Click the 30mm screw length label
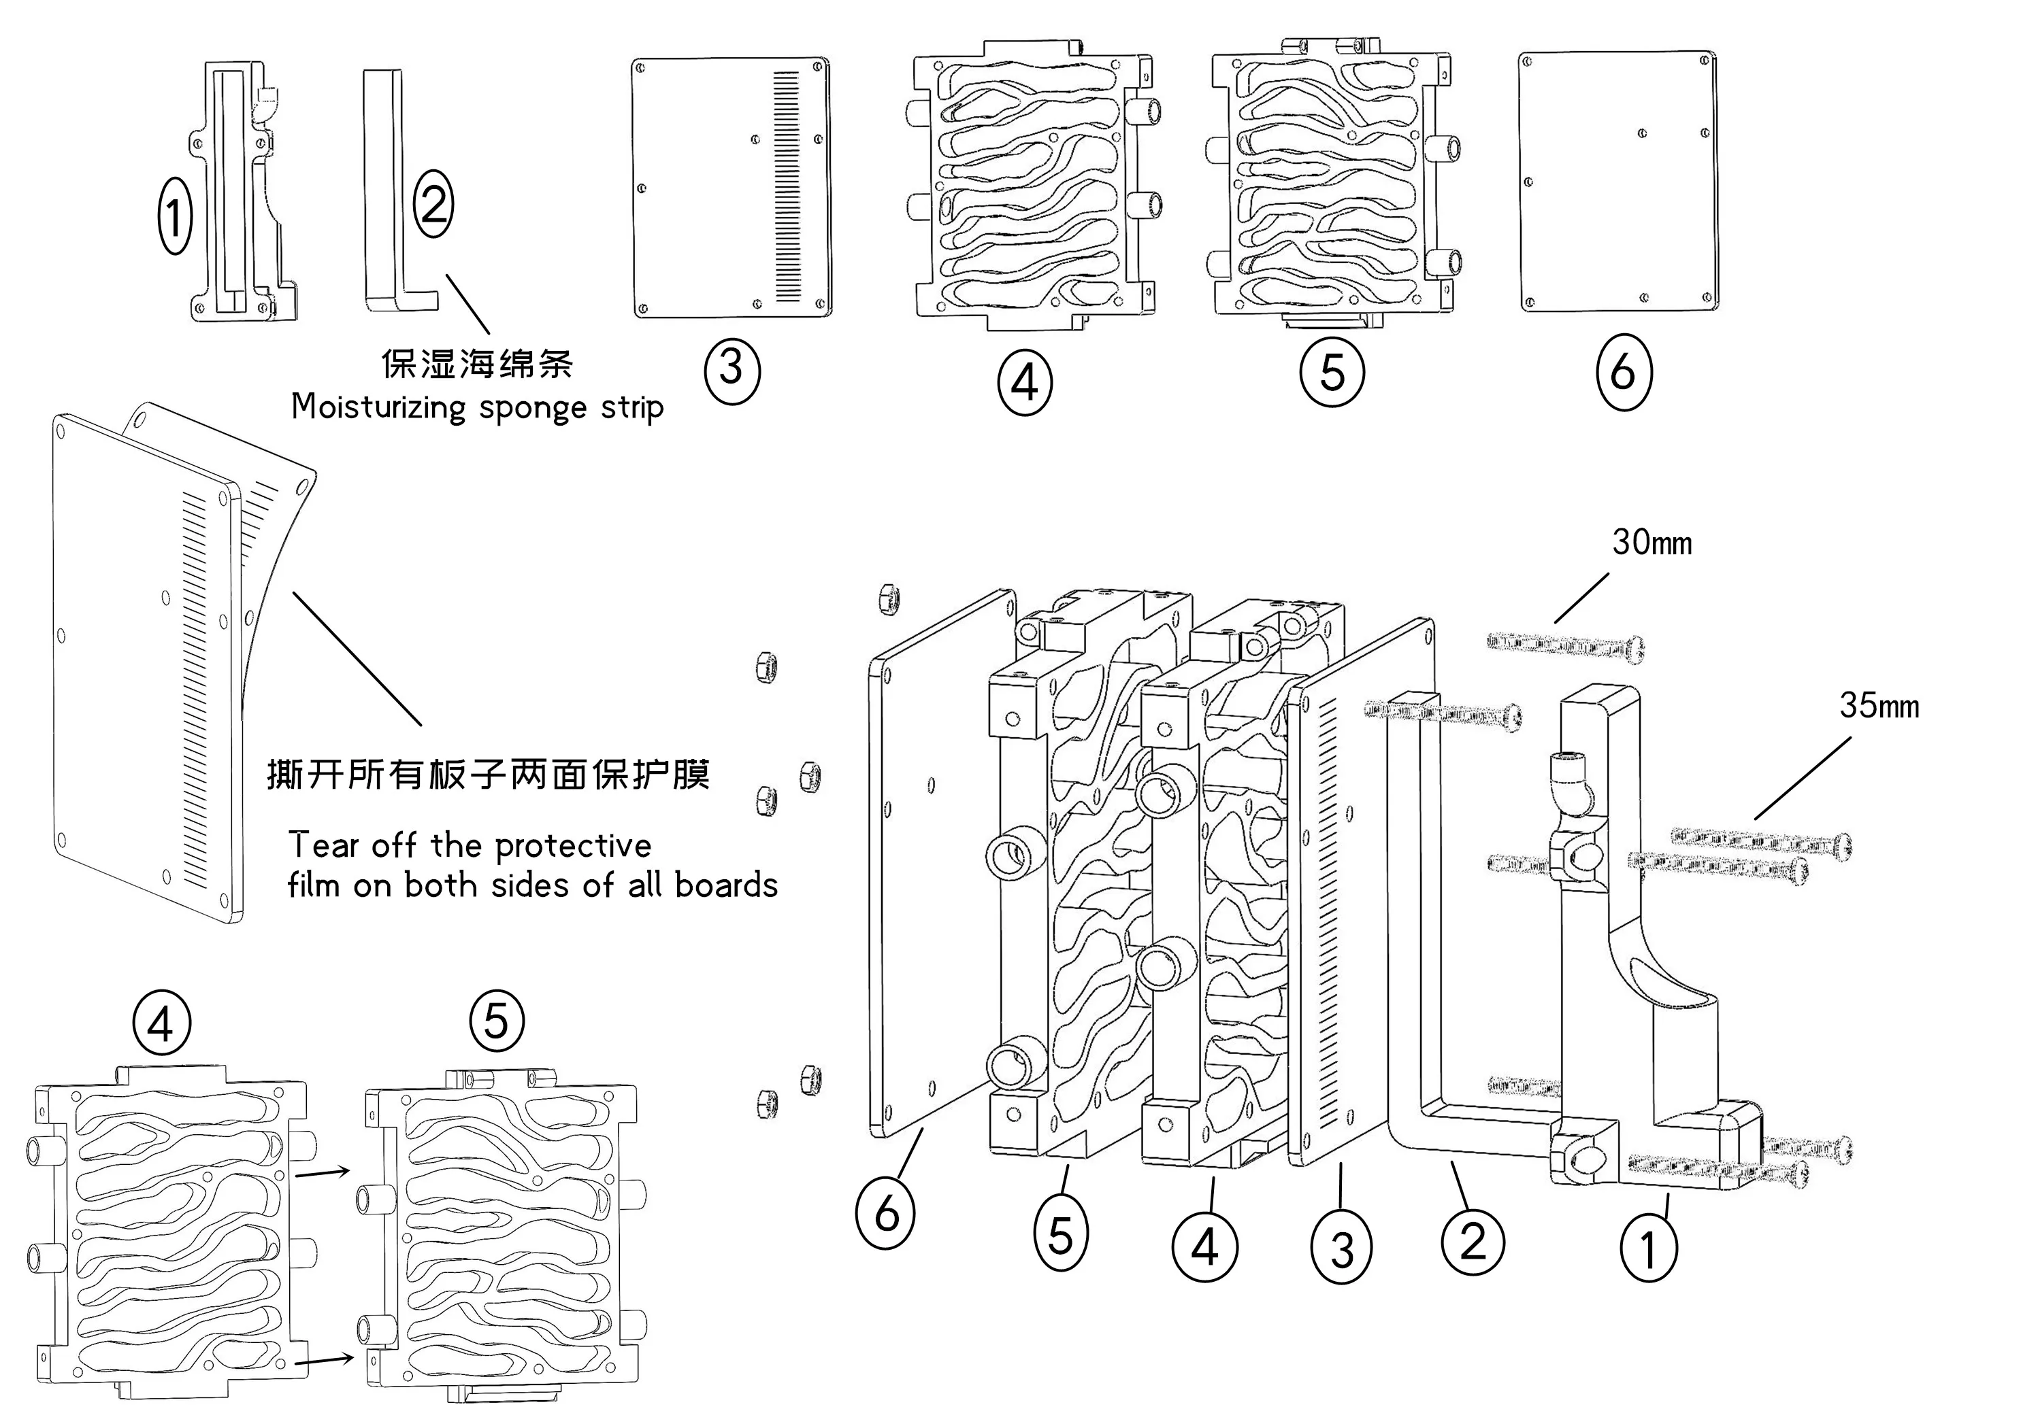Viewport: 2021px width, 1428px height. (x=1652, y=543)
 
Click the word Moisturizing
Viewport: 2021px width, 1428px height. (x=378, y=407)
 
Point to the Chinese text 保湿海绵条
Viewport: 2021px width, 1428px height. (x=476, y=363)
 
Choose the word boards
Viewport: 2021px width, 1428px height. (x=726, y=886)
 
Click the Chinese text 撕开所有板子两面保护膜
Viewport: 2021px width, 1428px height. (x=488, y=775)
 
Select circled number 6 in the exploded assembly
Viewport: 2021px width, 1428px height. (x=885, y=1213)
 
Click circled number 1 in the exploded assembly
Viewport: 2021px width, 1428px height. (x=1648, y=1248)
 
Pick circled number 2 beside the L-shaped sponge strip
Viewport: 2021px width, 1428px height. (x=434, y=205)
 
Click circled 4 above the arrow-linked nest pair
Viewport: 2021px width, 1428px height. (x=161, y=1023)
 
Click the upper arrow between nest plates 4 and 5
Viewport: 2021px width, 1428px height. (x=322, y=1172)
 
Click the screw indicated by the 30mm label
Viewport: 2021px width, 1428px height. (x=1565, y=647)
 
